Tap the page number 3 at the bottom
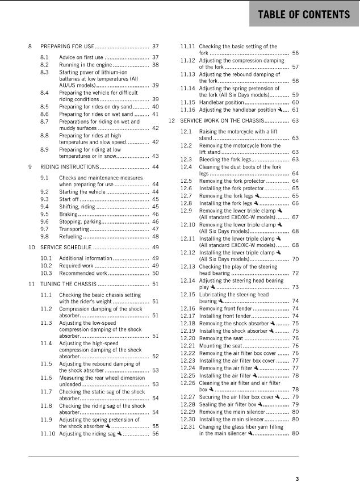296,479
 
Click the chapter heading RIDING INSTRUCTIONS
69,167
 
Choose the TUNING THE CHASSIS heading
68,283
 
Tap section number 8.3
45,72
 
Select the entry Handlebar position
222,102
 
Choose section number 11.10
48,434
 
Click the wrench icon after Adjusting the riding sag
119,434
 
